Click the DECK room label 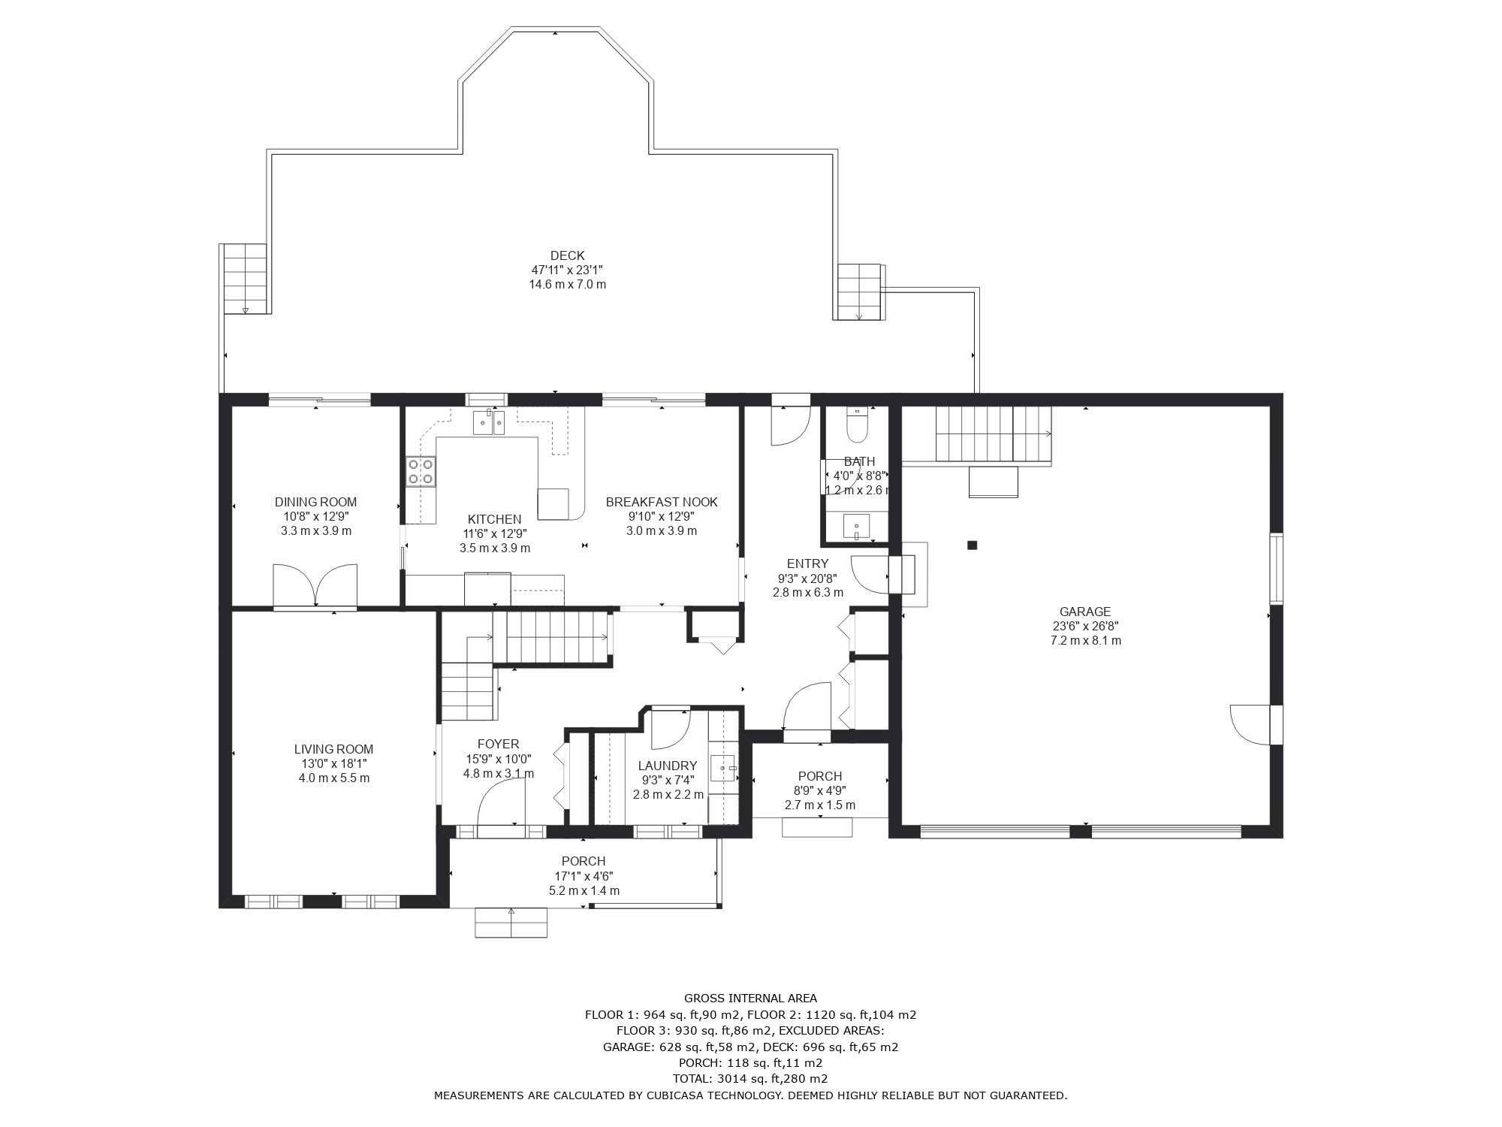tap(567, 255)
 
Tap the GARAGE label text tap(1085, 612)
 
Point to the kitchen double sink tap(489, 422)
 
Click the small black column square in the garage tap(972, 545)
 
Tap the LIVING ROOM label tap(333, 749)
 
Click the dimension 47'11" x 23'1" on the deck tap(568, 270)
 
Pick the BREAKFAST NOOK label tap(662, 502)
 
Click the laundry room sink tap(724, 769)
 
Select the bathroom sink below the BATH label tap(857, 526)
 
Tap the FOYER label tap(498, 745)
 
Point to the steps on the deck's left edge tap(245, 279)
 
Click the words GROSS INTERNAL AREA tap(750, 999)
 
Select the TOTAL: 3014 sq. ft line tap(750, 1079)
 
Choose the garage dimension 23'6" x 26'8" tap(1086, 626)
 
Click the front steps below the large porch tap(511, 922)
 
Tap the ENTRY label tap(807, 563)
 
